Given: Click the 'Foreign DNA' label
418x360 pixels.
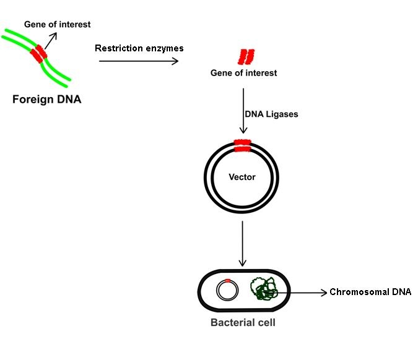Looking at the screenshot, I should pos(46,98).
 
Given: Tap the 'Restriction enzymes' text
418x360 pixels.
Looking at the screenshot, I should pos(139,48).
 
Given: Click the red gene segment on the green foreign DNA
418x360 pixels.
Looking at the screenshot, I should pos(40,54).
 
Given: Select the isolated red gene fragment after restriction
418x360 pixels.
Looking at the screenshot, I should pos(246,57).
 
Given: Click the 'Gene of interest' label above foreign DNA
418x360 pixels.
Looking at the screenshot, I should pos(58,25).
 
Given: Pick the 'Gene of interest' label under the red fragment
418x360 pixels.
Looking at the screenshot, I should pos(244,74).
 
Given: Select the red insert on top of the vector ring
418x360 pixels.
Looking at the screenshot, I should pos(242,146).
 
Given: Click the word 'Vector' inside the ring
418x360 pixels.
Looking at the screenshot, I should pos(242,177).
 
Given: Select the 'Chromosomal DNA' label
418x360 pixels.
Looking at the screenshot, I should pos(370,292).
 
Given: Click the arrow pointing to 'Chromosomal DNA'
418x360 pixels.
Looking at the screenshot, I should pos(300,292).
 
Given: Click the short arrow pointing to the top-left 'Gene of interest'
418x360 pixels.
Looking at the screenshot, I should pos(50,39).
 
